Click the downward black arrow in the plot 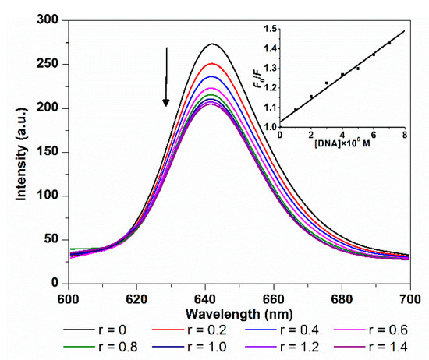point(166,76)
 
